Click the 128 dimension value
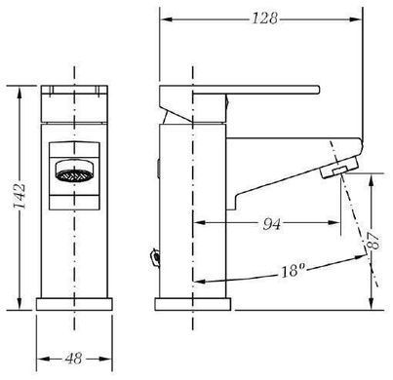[x=265, y=19]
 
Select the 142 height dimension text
[x=19, y=197]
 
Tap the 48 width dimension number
[x=73, y=359]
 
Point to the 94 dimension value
[x=271, y=223]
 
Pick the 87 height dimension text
[x=374, y=241]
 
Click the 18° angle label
[x=294, y=270]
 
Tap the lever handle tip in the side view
[x=318, y=90]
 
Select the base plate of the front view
[x=74, y=304]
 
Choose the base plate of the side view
[x=193, y=304]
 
